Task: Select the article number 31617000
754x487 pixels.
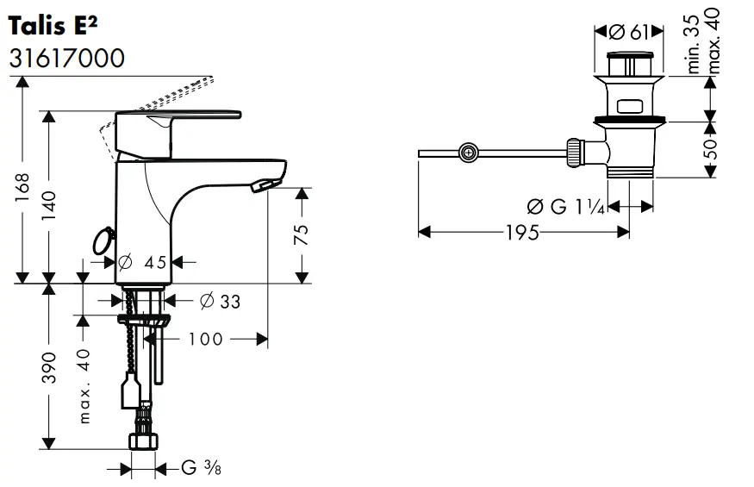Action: pyautogui.click(x=66, y=59)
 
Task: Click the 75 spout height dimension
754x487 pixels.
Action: pyautogui.click(x=301, y=235)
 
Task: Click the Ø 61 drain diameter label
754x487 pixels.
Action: pyautogui.click(x=628, y=33)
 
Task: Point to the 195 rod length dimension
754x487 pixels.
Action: pyautogui.click(x=523, y=233)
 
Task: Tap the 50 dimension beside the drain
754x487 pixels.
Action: pyautogui.click(x=712, y=151)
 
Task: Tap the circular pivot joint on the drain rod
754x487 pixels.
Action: pyautogui.click(x=468, y=153)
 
